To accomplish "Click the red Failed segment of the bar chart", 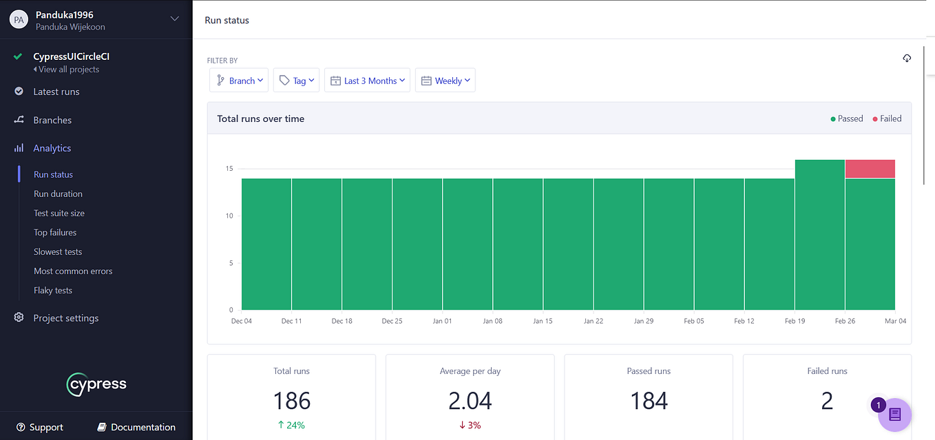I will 870,169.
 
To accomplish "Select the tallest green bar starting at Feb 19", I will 819,234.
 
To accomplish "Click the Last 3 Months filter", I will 367,81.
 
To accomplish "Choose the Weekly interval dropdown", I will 445,81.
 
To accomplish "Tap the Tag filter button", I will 296,81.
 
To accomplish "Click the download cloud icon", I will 907,59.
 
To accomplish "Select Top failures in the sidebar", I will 55,233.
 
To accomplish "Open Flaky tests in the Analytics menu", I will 53,291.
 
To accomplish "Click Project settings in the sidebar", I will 65,318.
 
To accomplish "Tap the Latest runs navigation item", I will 56,92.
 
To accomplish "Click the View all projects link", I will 68,70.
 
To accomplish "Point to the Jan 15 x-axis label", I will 543,321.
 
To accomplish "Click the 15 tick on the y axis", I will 229,169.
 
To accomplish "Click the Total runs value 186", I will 291,401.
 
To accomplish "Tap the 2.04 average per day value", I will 470,401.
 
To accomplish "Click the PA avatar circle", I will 18,20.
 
